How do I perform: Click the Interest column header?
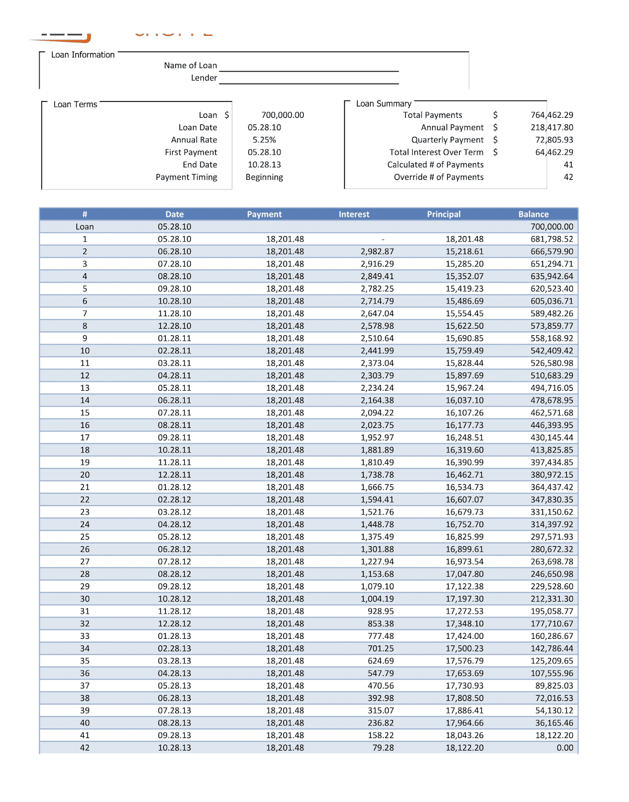pyautogui.click(x=354, y=214)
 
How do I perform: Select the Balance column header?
pyautogui.click(x=533, y=214)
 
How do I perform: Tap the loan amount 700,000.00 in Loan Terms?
pyautogui.click(x=282, y=115)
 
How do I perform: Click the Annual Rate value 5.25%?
pyautogui.click(x=264, y=140)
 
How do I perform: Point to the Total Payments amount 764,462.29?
pyautogui.click(x=551, y=115)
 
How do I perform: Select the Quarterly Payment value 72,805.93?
pyautogui.click(x=554, y=140)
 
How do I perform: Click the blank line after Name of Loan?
pyautogui.click(x=309, y=67)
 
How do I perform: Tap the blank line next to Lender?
pyautogui.click(x=309, y=79)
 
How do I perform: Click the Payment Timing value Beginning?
pyautogui.click(x=264, y=177)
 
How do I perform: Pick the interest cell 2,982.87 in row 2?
pyautogui.click(x=377, y=252)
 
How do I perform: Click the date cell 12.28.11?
pyautogui.click(x=175, y=475)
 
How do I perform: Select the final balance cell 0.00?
pyautogui.click(x=564, y=748)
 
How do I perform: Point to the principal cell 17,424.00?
pyautogui.click(x=464, y=636)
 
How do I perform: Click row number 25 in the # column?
pyautogui.click(x=85, y=537)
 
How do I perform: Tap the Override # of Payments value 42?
pyautogui.click(x=568, y=177)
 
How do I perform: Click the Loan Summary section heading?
pyautogui.click(x=383, y=104)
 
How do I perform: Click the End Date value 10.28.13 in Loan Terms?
pyautogui.click(x=264, y=165)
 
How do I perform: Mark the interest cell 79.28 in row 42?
pyautogui.click(x=383, y=748)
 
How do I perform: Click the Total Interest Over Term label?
pyautogui.click(x=436, y=152)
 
